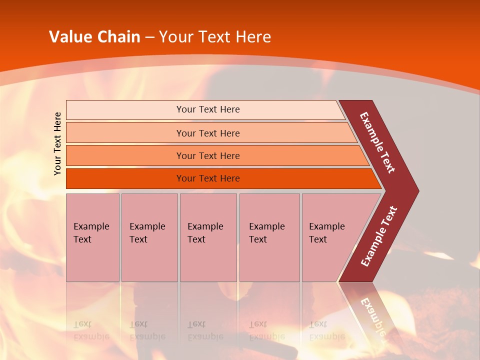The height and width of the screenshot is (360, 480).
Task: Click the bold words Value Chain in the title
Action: coord(94,37)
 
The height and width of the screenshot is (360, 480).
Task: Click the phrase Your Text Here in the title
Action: coord(215,37)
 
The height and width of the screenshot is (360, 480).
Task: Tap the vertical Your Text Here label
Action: coord(57,143)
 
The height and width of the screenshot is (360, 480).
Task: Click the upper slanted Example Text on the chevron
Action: coord(377,142)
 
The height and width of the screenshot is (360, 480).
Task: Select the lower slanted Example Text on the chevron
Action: coord(379,236)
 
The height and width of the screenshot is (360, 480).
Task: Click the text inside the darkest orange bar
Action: coord(208,178)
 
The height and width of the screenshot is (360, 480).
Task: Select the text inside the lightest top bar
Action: coord(208,109)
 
